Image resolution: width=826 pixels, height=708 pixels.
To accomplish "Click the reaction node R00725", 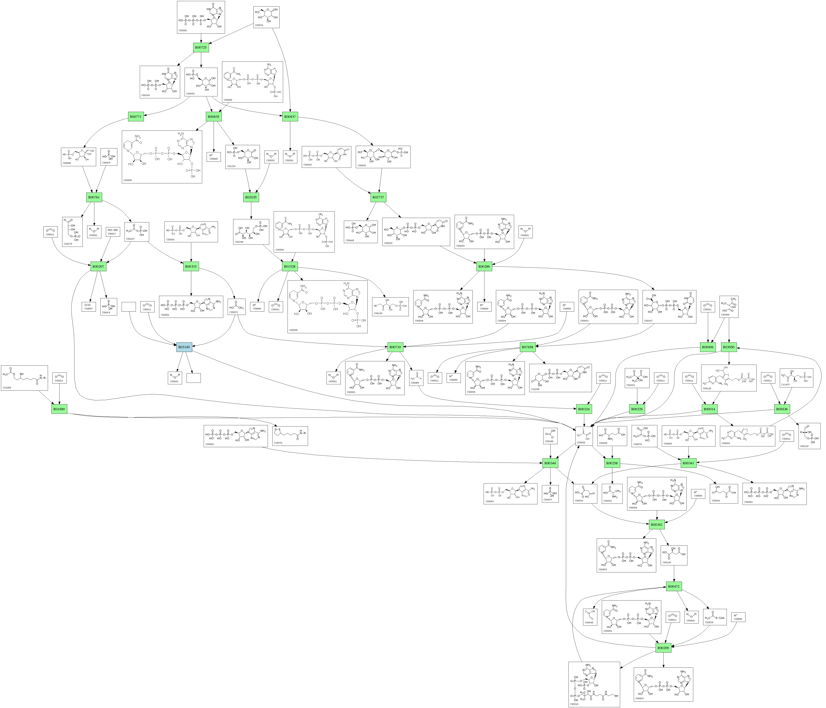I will pos(201,47).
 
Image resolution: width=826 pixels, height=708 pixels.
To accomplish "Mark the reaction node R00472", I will pos(674,586).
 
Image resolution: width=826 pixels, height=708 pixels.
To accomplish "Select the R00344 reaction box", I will pos(550,463).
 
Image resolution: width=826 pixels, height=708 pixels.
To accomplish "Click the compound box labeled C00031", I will pos(266,17).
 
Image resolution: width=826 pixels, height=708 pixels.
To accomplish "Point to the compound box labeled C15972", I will pos(290,436).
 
